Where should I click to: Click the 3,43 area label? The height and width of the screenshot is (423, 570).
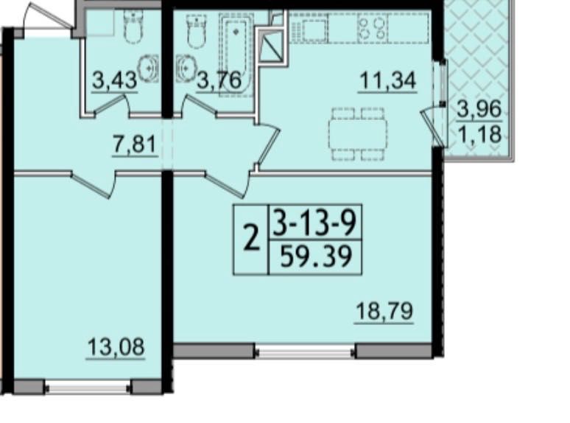click(x=114, y=80)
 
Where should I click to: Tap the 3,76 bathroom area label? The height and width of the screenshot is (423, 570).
click(x=219, y=80)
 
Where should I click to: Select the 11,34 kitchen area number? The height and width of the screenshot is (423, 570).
click(x=387, y=80)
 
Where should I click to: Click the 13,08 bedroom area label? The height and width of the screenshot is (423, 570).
click(x=116, y=346)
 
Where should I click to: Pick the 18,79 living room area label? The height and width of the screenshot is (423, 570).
click(x=384, y=311)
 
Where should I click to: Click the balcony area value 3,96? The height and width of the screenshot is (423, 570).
click(x=479, y=109)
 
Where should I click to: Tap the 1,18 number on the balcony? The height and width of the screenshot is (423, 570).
click(x=479, y=134)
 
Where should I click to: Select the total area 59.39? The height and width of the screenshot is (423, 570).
click(x=316, y=256)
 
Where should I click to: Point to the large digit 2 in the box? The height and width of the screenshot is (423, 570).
click(x=252, y=238)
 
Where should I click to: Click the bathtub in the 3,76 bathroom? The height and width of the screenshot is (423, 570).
click(x=236, y=55)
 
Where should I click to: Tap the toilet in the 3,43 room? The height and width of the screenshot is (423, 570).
click(x=133, y=27)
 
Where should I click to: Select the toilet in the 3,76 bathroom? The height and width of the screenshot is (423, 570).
click(x=197, y=31)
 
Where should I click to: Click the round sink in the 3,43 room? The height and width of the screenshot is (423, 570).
click(x=149, y=68)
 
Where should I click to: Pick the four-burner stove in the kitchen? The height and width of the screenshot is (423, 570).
click(x=372, y=28)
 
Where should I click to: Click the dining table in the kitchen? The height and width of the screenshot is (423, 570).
click(x=358, y=133)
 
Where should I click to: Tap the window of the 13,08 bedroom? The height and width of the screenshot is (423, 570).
click(x=88, y=388)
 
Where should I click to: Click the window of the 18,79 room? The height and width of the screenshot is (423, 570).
click(x=305, y=352)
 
